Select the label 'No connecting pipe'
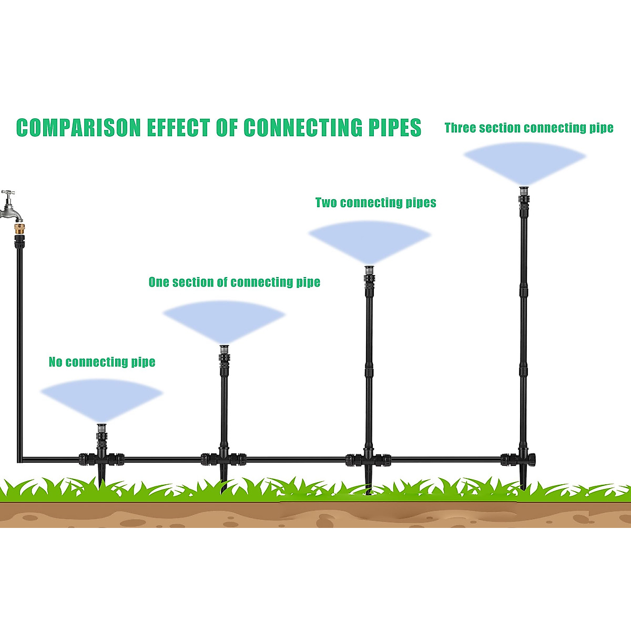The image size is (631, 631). pos(102,362)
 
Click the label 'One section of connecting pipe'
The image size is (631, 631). pos(234,282)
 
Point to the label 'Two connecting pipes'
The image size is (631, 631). pos(375,202)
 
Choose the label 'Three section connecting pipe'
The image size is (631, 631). pos(528,128)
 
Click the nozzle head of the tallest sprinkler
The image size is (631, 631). pos(524,192)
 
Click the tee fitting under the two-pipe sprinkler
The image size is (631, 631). pos(369,459)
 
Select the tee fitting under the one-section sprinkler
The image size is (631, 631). pos(224,459)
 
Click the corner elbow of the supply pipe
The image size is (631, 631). pos(19,460)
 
